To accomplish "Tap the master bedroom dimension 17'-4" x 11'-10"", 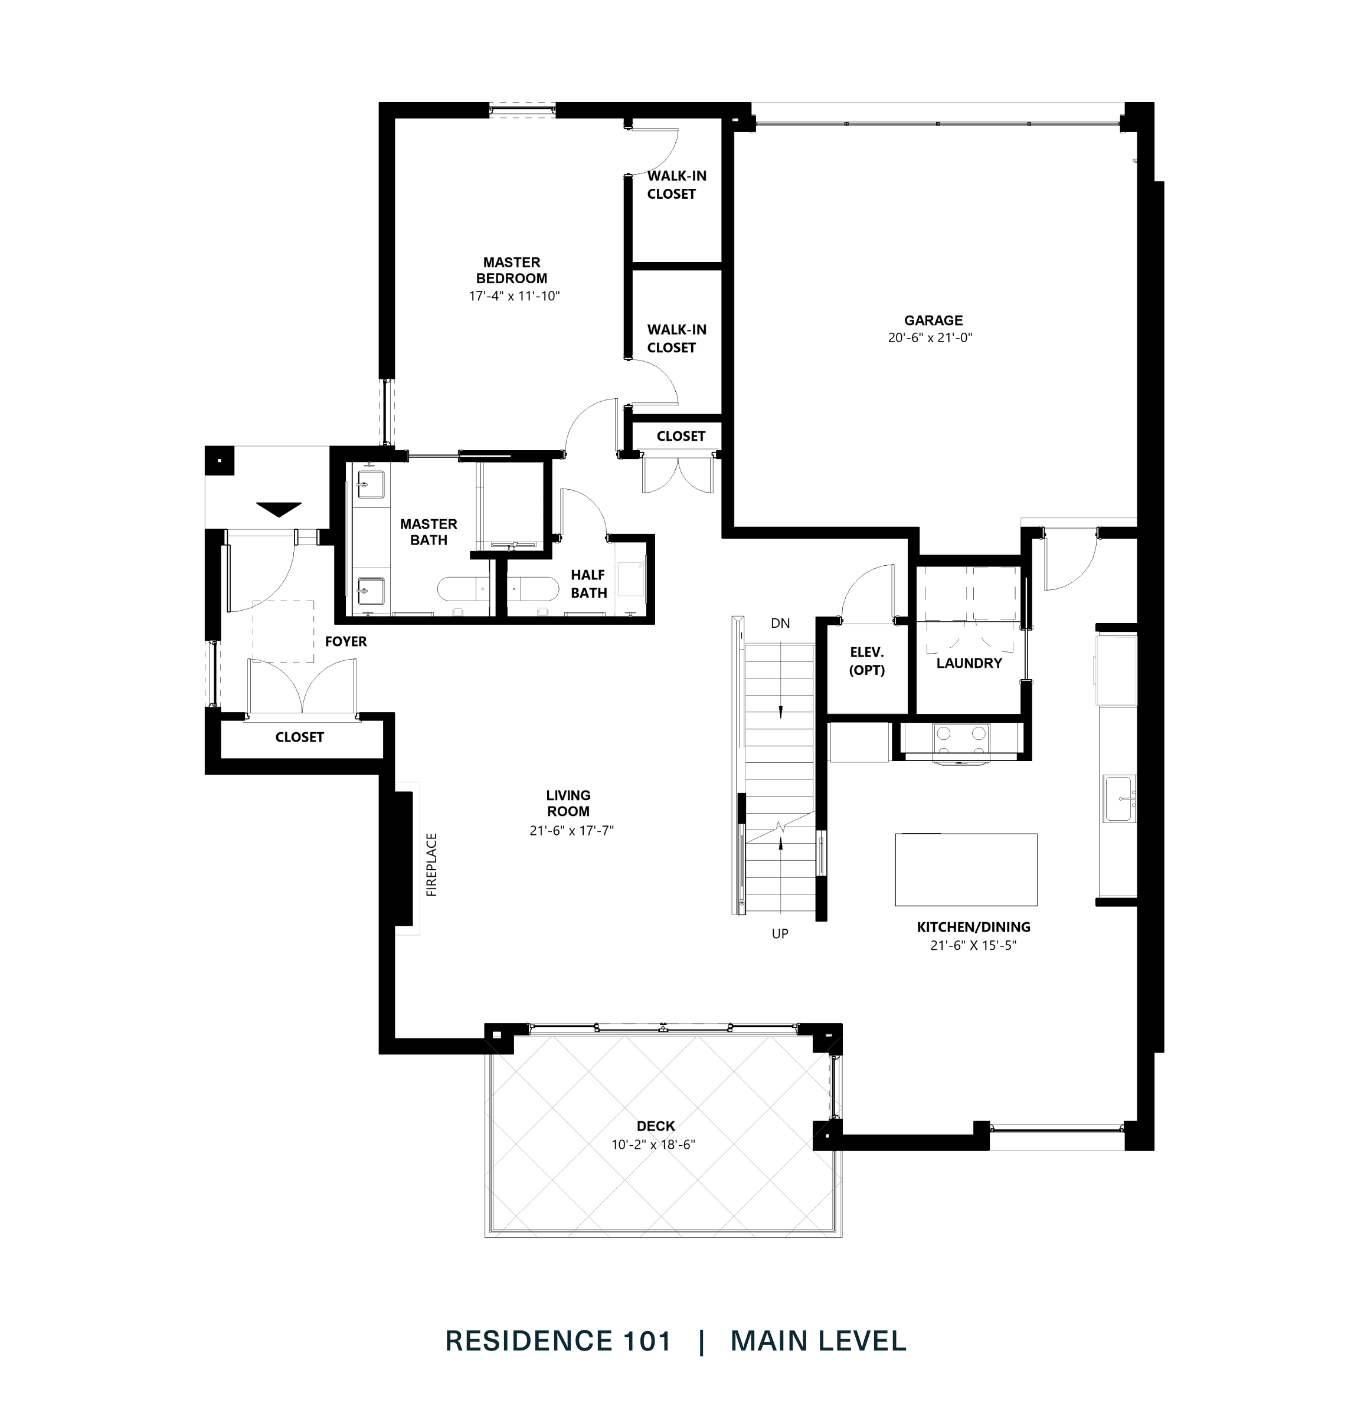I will (x=513, y=296).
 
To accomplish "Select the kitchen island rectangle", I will (x=965, y=869).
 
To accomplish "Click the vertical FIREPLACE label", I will (x=431, y=864).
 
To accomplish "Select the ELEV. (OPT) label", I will (x=866, y=661).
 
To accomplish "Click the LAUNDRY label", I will (x=969, y=663).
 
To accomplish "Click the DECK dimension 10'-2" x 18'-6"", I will (x=653, y=1145).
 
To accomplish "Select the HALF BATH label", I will (x=588, y=584).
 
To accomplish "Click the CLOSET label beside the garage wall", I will (x=680, y=436).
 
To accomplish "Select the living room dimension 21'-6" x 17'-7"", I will (x=571, y=830).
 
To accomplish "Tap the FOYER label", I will (x=346, y=641).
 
